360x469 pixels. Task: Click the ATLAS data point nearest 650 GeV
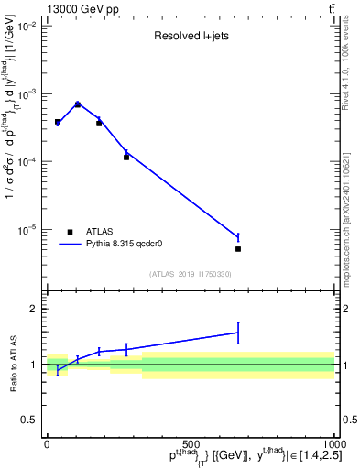pos(237,248)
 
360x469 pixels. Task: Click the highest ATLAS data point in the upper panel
pos(78,104)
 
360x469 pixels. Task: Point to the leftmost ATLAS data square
pos(58,122)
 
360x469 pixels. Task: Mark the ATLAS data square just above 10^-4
pos(126,158)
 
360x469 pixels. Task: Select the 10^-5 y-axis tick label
pos(27,229)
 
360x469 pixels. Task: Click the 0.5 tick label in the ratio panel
pos(29,420)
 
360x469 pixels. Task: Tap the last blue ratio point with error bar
pos(237,333)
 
